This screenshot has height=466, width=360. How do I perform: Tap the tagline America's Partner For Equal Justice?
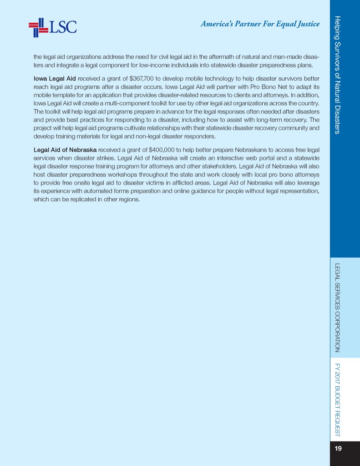coord(260,24)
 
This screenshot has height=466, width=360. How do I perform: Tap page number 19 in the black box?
coord(338,449)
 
